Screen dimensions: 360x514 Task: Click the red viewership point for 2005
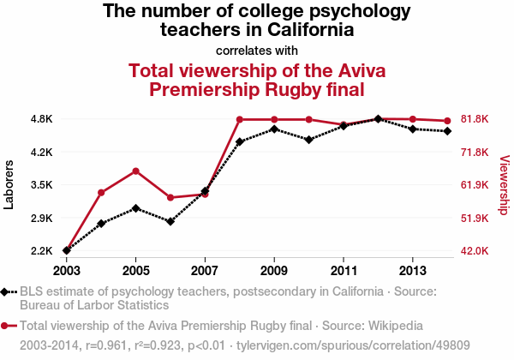[x=136, y=171]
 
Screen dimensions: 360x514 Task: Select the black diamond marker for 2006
[x=170, y=221]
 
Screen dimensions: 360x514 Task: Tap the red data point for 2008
[x=240, y=119]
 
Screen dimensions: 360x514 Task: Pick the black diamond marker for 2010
[x=308, y=140]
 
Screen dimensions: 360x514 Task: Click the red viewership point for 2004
[x=101, y=192]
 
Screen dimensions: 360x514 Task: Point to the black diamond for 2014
[x=447, y=131]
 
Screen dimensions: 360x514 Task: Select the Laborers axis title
[x=9, y=184]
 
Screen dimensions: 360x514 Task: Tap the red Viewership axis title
[x=504, y=184]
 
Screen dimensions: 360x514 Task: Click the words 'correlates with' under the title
[x=257, y=49]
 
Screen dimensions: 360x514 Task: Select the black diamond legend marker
[x=9, y=291]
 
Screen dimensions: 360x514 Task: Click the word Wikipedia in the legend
[x=391, y=326]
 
